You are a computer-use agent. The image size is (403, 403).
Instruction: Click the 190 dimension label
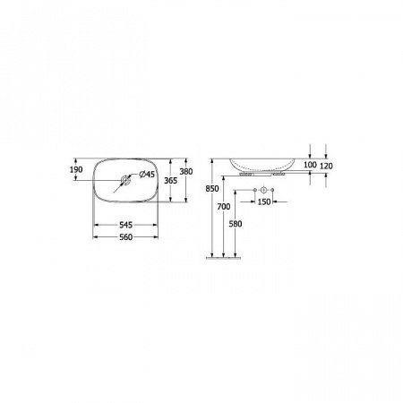pos(74,168)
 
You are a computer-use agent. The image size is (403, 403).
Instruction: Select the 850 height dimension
pos(212,190)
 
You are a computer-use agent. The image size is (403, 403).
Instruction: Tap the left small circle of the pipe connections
pos(254,193)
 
